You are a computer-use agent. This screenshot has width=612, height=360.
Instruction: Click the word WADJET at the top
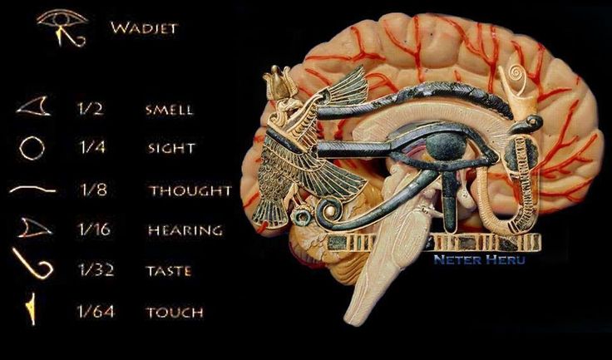tap(144, 28)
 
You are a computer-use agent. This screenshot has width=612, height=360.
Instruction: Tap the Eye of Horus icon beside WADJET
tap(62, 27)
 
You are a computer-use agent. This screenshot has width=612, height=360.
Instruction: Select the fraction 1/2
tap(91, 109)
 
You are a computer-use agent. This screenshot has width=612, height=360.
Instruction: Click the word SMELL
tap(170, 109)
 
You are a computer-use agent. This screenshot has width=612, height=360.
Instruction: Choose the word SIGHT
tap(171, 148)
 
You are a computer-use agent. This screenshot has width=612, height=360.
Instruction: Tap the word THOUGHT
tap(190, 190)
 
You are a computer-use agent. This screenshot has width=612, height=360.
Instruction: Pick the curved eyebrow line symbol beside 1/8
tap(32, 190)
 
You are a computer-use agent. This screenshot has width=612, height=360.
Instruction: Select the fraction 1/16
tap(95, 229)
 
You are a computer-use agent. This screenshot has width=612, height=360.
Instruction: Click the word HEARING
tap(185, 230)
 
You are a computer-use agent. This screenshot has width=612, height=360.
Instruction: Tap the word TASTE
tap(169, 271)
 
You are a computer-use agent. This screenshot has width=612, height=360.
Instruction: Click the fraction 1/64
tap(96, 311)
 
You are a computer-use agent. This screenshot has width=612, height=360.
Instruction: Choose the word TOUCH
tap(175, 313)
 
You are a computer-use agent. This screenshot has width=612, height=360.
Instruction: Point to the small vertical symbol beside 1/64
tap(32, 308)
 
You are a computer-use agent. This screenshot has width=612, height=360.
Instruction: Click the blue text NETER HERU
tap(479, 259)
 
